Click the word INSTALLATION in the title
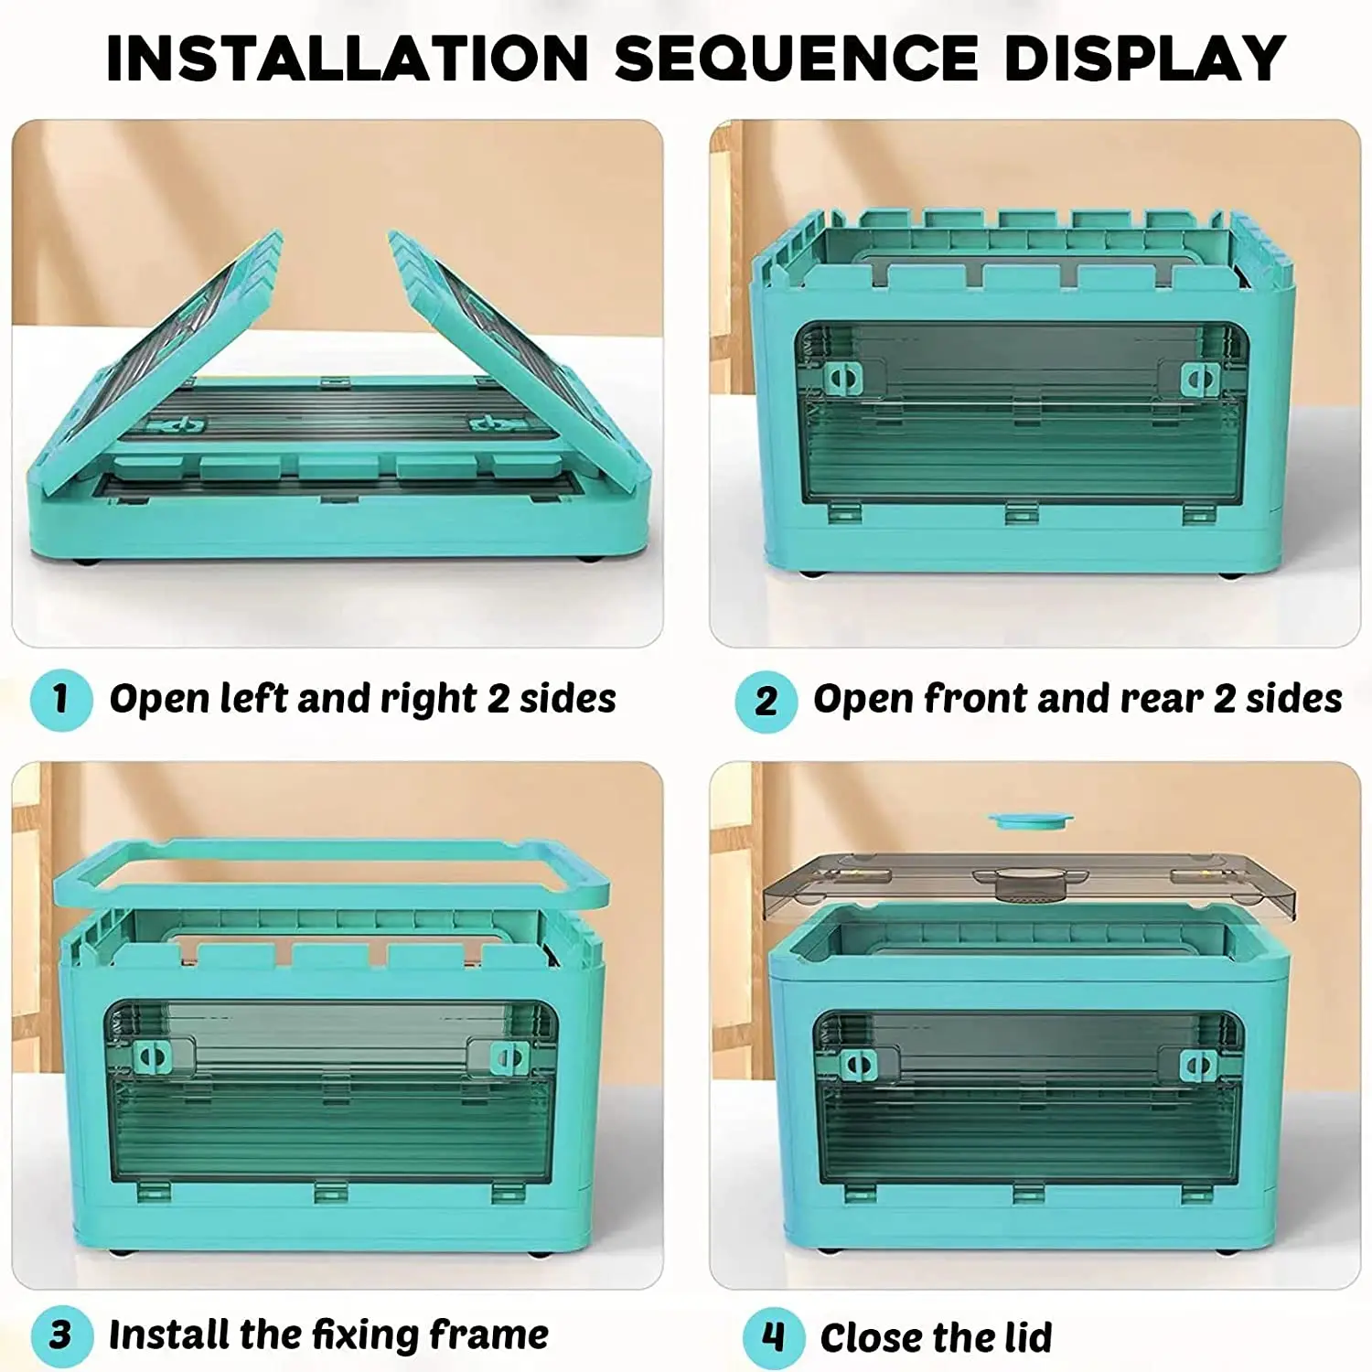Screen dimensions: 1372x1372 pos(348,59)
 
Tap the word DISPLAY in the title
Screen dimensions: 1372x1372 pos(1145,59)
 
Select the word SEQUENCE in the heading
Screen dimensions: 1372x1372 pos(797,59)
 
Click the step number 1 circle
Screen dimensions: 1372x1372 pos(60,700)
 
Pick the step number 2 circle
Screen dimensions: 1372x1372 pos(766,702)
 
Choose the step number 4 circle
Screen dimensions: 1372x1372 pos(773,1337)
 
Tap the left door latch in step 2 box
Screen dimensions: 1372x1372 pos(843,378)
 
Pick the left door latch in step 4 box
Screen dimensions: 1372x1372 pos(858,1064)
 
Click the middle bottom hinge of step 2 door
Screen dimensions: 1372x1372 pos(1022,513)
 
